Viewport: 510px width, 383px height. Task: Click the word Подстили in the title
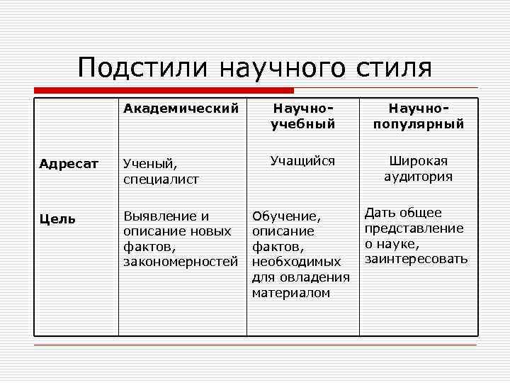143,68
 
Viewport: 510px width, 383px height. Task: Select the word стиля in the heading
392,68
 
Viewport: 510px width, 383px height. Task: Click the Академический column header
181,109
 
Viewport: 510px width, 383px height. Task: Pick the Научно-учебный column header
302,116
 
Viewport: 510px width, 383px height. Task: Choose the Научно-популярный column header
418,116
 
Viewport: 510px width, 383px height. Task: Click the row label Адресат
69,164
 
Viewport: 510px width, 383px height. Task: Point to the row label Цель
57,218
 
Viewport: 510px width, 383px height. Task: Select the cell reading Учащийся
302,161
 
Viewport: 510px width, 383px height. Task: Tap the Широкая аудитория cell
418,169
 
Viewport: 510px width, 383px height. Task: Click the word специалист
161,180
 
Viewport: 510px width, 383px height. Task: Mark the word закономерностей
181,262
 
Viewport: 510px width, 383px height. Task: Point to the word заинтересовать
416,259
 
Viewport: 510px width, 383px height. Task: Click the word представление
414,228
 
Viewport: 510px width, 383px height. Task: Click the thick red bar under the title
164,91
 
